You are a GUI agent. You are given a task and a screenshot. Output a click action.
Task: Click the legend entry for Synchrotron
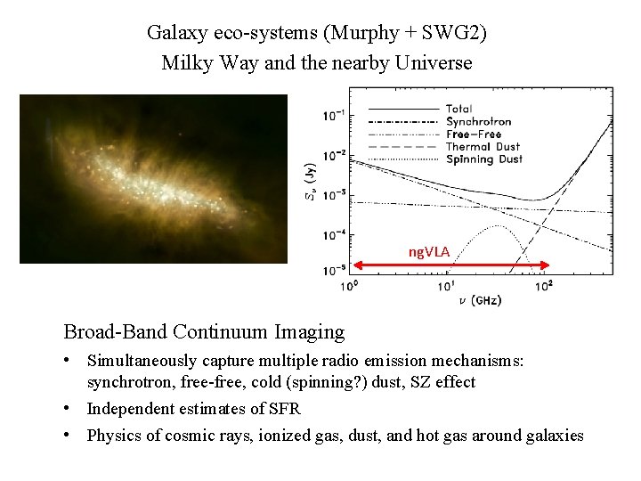478,121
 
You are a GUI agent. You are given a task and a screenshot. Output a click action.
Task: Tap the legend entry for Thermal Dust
483,146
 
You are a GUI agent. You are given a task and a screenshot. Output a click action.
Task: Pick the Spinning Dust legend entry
483,159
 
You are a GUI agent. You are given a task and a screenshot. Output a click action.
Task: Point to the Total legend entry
459,109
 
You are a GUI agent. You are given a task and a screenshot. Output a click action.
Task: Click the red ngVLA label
429,252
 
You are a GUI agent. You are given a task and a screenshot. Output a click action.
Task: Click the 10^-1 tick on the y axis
336,116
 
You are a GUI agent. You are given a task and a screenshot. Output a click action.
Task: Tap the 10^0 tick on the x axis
350,286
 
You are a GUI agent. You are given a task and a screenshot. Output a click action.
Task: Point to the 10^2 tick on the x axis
544,286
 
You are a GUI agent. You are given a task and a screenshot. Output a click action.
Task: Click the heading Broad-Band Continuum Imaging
204,332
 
